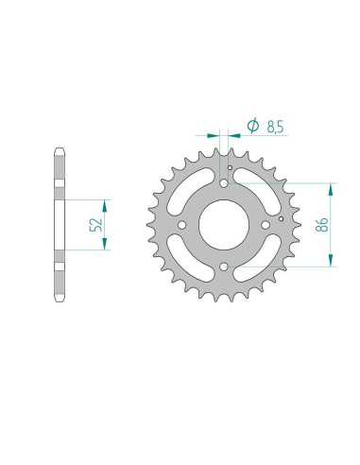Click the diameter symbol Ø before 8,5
[x=252, y=126]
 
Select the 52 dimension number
[x=93, y=226]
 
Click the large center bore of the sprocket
[x=224, y=226]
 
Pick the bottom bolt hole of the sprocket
[x=224, y=268]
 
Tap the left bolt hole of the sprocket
[x=181, y=226]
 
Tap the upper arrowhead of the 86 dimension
[x=332, y=185]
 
